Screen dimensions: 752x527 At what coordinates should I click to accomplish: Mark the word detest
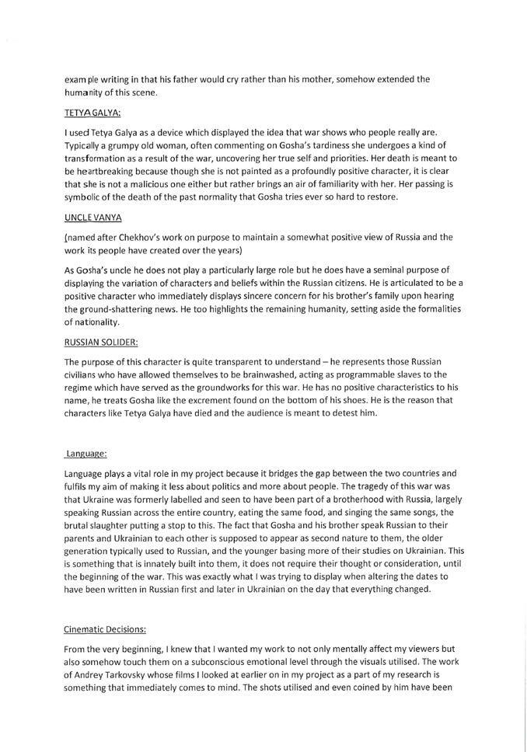pyautogui.click(x=351, y=412)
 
